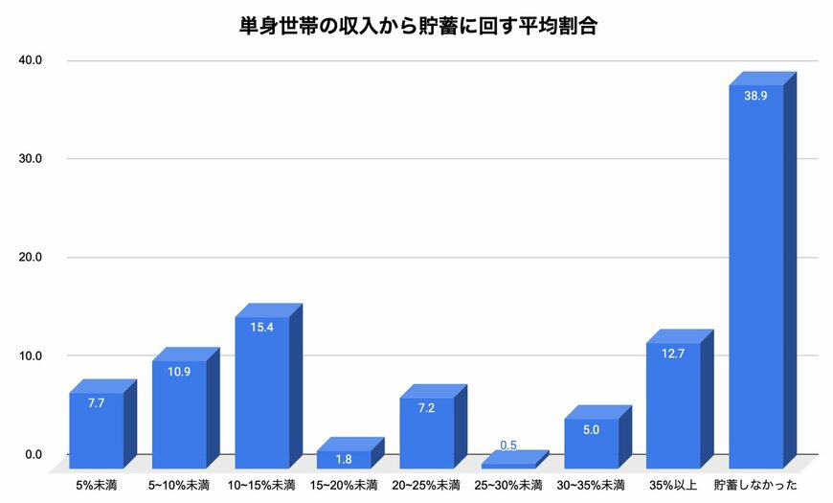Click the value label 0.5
tap(508, 445)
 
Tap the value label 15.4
tap(261, 328)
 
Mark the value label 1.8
tap(344, 459)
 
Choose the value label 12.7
tap(673, 354)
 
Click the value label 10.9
tap(179, 371)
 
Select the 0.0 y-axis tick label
tap(34, 454)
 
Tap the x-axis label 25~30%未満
tap(508, 484)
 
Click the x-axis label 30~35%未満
tap(591, 484)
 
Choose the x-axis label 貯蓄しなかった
tap(755, 484)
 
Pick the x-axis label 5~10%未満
tap(179, 484)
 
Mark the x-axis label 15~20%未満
tap(344, 484)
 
